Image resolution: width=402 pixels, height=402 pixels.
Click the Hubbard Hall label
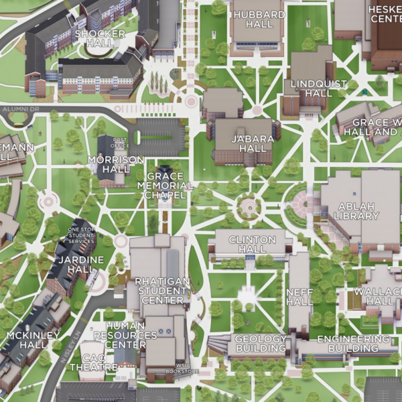[257, 19]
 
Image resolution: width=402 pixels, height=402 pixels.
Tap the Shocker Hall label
[100, 38]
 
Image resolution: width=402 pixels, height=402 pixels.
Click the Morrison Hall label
[116, 165]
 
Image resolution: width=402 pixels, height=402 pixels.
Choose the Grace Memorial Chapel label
[164, 186]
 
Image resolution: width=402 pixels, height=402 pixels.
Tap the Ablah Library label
[357, 211]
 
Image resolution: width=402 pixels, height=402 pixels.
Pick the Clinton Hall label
[252, 244]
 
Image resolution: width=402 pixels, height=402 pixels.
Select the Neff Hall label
[299, 297]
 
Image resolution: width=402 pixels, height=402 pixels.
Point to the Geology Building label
[261, 344]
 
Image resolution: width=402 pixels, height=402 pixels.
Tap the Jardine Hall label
[81, 264]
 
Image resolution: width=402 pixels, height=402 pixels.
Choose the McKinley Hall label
[24, 340]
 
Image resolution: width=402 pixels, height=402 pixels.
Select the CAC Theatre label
[93, 362]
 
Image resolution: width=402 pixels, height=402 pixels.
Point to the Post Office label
[121, 143]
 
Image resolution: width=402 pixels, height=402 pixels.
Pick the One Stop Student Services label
[82, 236]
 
